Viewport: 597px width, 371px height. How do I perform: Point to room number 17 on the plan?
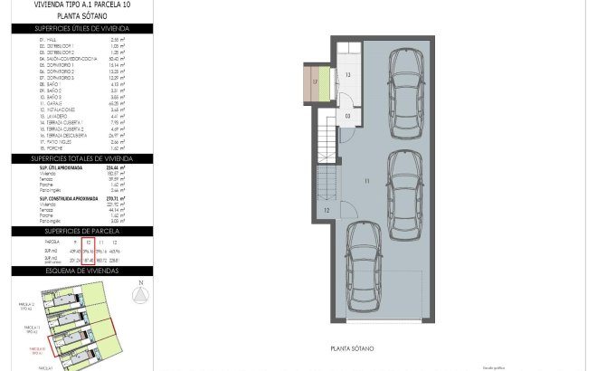click(315, 82)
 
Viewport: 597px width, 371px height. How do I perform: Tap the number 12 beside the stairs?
click(325, 210)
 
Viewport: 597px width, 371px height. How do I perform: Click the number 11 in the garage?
click(367, 182)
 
